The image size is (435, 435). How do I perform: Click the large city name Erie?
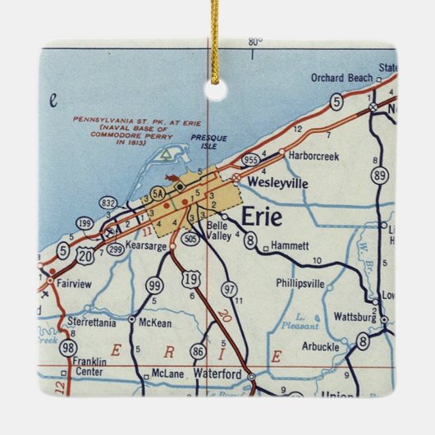click(x=262, y=218)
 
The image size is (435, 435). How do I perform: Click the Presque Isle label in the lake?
click(x=208, y=143)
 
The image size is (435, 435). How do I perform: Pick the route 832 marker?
click(x=108, y=203)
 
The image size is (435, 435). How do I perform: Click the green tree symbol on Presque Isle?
click(x=167, y=153)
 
